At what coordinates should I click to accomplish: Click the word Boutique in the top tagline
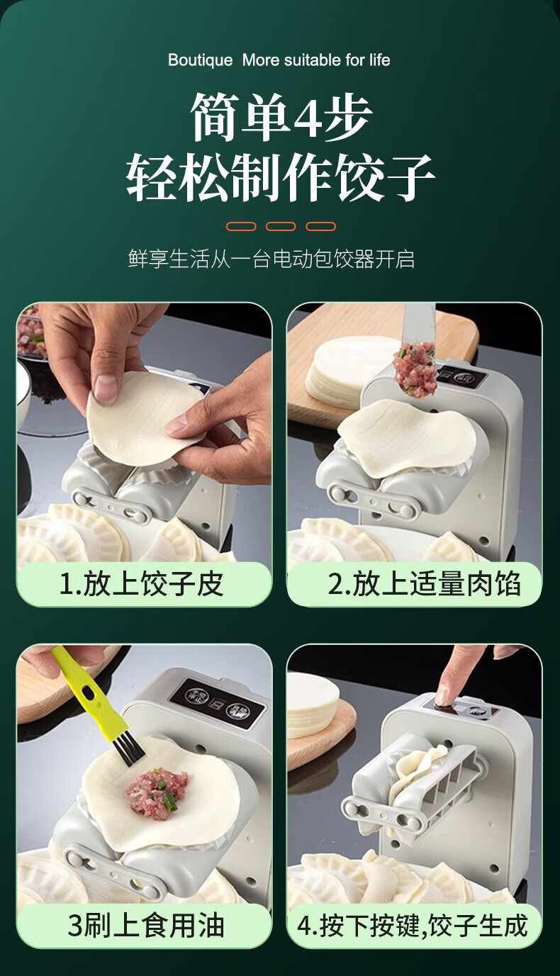(x=201, y=60)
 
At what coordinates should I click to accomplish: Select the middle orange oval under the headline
(x=281, y=227)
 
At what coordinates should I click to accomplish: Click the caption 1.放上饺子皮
(x=142, y=584)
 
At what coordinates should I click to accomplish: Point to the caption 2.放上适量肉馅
(x=424, y=584)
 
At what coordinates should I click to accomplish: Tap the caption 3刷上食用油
(x=146, y=925)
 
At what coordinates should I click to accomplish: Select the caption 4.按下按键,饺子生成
(x=413, y=925)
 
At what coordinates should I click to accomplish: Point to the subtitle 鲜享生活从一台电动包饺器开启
(x=271, y=259)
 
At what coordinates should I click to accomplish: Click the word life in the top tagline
(x=380, y=60)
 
